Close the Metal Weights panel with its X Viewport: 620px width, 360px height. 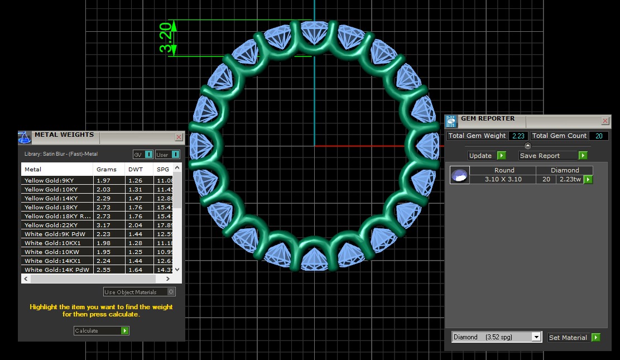tap(179, 137)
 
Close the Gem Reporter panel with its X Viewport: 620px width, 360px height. tap(605, 121)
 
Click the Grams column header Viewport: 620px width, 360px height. tap(107, 169)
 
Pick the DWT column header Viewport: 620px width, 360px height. tap(136, 169)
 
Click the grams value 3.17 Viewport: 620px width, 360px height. tap(103, 225)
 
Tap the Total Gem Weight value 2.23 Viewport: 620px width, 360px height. tap(518, 136)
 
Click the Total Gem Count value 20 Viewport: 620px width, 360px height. tap(599, 136)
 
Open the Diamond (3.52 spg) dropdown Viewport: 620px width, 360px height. tap(496, 337)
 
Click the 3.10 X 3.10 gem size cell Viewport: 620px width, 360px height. tap(504, 180)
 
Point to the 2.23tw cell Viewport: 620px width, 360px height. tap(570, 180)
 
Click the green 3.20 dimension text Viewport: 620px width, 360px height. tap(166, 38)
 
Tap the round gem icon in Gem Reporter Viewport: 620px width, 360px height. tap(460, 175)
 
